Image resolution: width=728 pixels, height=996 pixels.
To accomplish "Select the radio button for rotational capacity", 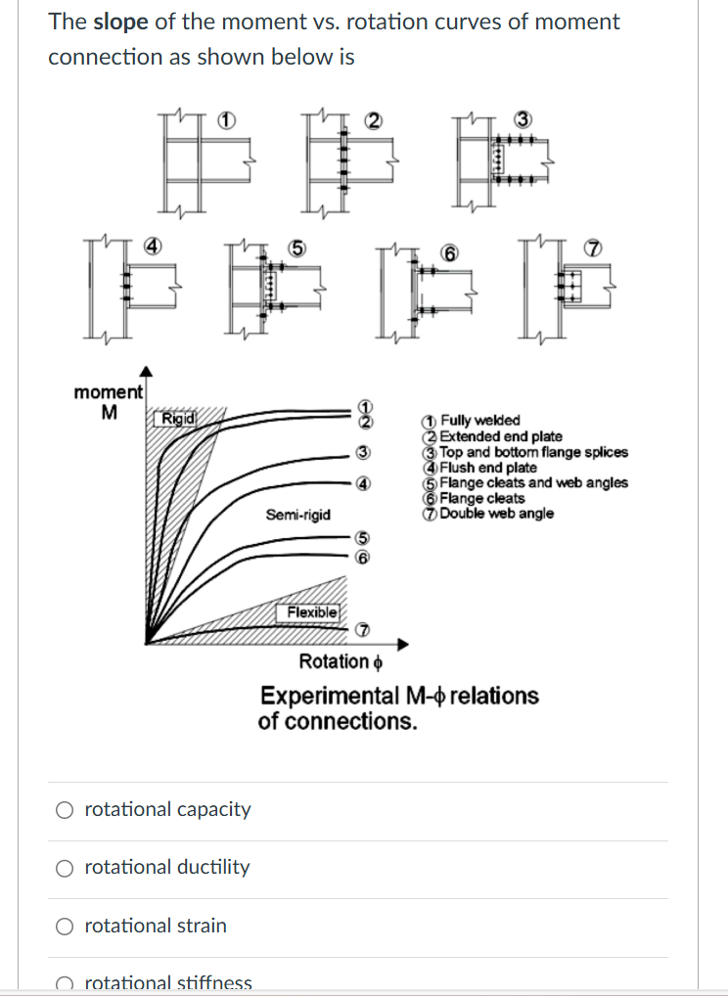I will [65, 810].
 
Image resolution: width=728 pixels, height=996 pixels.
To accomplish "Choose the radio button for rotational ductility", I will [65, 868].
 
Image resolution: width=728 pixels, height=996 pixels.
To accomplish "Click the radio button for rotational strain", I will [65, 926].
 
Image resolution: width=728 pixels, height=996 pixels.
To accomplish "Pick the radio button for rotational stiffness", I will [65, 983].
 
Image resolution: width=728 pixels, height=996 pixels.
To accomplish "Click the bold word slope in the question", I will [120, 22].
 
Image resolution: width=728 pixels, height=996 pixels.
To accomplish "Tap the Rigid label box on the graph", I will [178, 419].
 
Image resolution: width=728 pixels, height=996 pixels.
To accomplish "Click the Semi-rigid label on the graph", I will [297, 515].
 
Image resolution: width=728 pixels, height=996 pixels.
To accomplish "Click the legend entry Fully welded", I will [479, 421].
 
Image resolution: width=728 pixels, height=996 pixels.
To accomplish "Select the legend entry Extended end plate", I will [500, 436].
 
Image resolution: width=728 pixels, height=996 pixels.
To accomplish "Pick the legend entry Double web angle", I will [496, 513].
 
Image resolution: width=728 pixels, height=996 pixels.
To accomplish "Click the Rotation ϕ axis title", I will [340, 662].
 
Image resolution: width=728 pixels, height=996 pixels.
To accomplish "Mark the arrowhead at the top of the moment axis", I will [146, 372].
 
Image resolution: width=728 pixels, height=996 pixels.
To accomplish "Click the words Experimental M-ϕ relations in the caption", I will [399, 696].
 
